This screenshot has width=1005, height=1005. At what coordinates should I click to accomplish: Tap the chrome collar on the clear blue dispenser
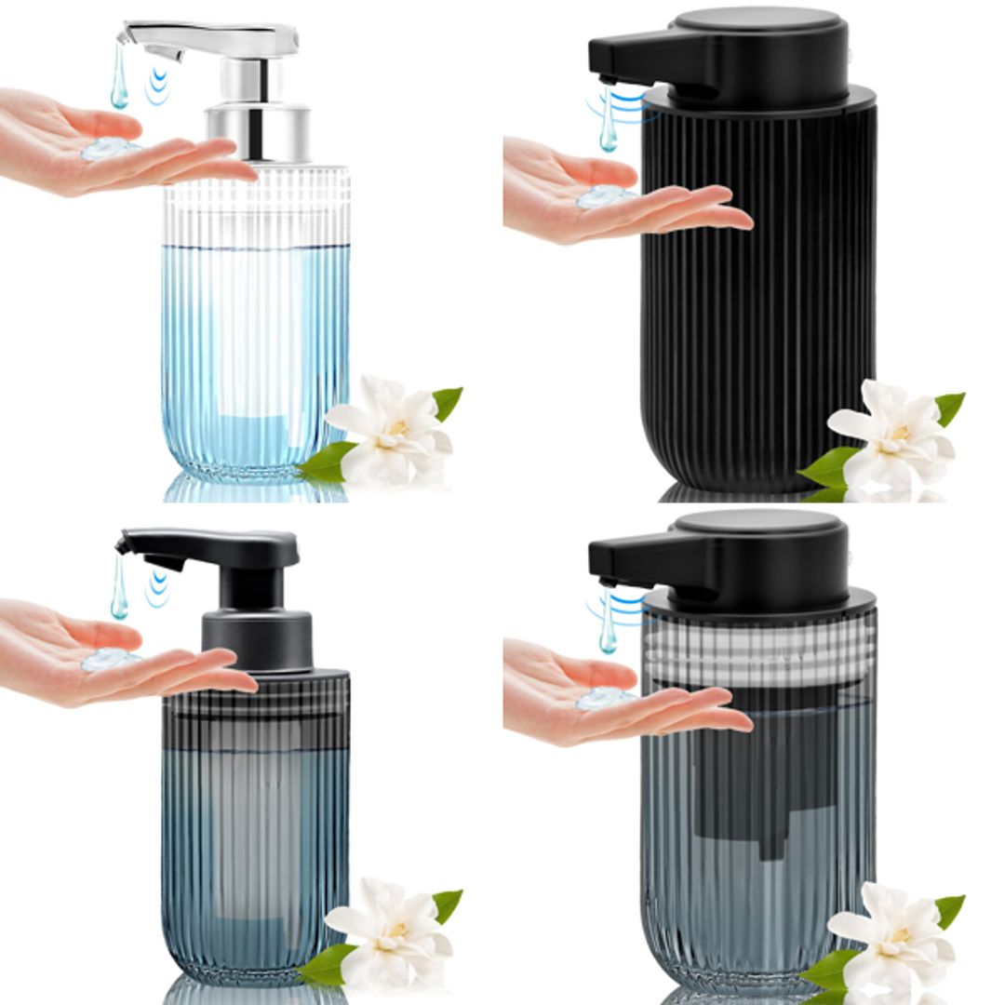click(x=258, y=132)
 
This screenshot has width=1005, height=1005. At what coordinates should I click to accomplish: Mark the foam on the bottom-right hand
click(x=603, y=698)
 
